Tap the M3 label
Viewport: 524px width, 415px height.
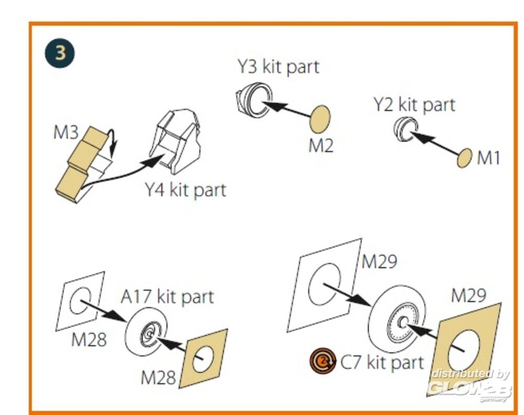pyautogui.click(x=65, y=133)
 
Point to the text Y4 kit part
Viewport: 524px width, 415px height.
pyautogui.click(x=185, y=189)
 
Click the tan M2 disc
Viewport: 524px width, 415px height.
pyautogui.click(x=320, y=119)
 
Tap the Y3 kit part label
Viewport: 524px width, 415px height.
pyautogui.click(x=278, y=67)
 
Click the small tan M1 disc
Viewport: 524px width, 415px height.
pyautogui.click(x=464, y=158)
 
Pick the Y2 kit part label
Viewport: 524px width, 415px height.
pyautogui.click(x=414, y=104)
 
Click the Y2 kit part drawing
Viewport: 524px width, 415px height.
pyautogui.click(x=406, y=129)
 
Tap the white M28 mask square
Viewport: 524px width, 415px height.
pyautogui.click(x=80, y=301)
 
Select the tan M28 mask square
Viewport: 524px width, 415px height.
pyautogui.click(x=204, y=359)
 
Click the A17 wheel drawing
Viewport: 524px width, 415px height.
pyautogui.click(x=146, y=331)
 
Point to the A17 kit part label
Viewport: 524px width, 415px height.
pyautogui.click(x=167, y=297)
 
